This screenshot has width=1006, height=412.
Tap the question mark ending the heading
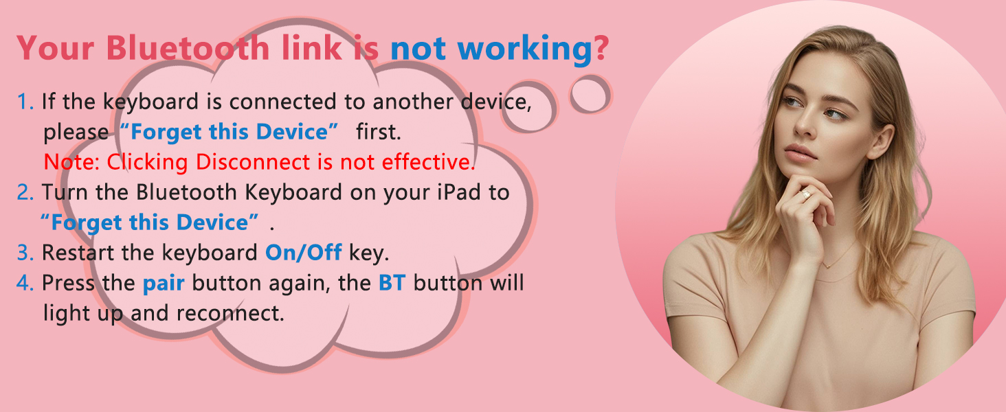(601, 49)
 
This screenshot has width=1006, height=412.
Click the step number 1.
(25, 102)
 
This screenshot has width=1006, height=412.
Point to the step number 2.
(25, 192)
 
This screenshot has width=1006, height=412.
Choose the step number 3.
(25, 253)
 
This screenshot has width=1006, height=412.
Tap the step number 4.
(25, 283)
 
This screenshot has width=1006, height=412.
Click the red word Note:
(71, 163)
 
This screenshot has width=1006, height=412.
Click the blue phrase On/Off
(303, 253)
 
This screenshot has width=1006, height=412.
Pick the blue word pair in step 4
(164, 283)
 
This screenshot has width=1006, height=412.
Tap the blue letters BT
(392, 283)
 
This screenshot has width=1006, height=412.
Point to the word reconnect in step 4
(230, 314)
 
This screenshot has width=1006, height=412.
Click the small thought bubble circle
(589, 94)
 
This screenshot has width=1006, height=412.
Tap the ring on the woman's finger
(806, 195)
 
